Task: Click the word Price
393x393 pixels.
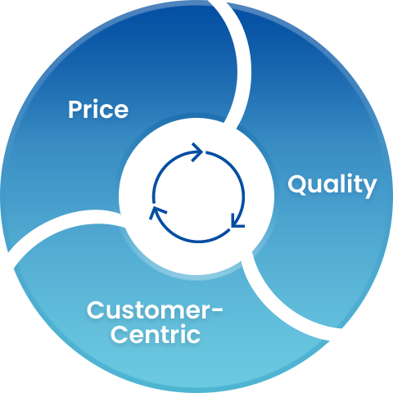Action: (98, 109)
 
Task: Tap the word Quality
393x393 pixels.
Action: (332, 186)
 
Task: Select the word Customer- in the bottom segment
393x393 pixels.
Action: (155, 310)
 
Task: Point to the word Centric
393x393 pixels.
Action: (156, 333)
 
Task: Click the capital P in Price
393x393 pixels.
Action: (75, 109)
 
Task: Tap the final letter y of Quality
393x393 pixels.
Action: (368, 188)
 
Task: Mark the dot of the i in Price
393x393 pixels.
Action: (97, 102)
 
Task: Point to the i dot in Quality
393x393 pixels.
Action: (345, 176)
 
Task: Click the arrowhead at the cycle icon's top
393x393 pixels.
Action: (197, 152)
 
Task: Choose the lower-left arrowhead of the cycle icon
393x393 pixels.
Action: (157, 212)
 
